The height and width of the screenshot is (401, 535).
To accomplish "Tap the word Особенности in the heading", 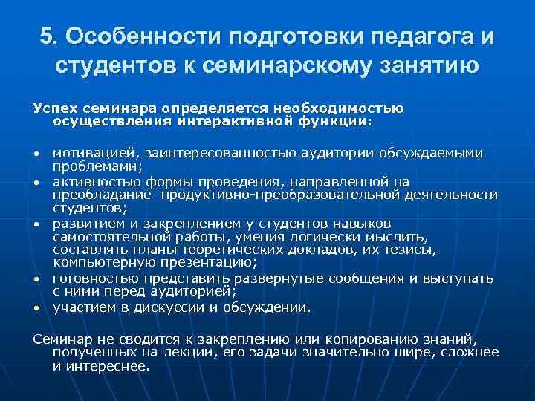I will click(x=140, y=36).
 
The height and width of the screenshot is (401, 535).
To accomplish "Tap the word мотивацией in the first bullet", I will click(x=92, y=154).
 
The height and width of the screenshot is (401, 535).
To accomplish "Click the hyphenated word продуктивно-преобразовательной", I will click(x=280, y=195).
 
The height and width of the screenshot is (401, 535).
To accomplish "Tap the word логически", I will click(x=312, y=237).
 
